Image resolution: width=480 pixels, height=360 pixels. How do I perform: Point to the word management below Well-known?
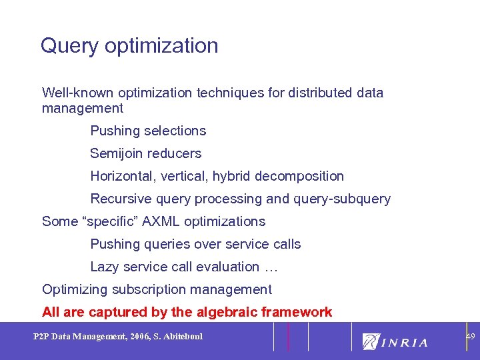tap(83, 108)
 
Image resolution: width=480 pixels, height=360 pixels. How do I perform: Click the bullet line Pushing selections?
tap(148, 131)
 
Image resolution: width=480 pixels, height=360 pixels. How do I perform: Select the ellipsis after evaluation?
tap(271, 267)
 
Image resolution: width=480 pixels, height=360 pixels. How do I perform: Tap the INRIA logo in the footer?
tap(395, 342)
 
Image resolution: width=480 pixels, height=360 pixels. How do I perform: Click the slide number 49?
tap(470, 337)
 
